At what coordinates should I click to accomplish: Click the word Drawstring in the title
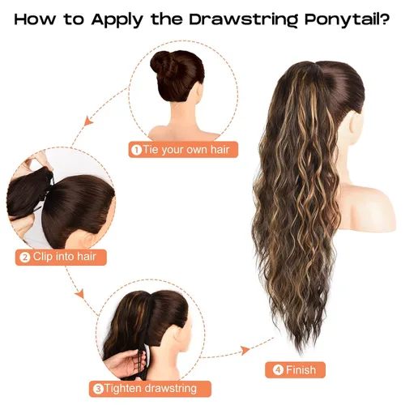click(243, 19)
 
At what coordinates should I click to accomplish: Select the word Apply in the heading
click(117, 20)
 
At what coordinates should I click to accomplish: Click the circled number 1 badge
click(136, 150)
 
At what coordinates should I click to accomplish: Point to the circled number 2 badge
click(25, 258)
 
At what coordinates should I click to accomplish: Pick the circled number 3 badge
click(98, 389)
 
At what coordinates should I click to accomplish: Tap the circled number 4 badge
click(278, 370)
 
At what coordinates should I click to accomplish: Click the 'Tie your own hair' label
click(186, 149)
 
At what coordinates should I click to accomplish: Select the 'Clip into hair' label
click(65, 257)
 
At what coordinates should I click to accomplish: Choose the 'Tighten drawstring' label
click(151, 389)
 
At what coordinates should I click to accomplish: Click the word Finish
click(301, 370)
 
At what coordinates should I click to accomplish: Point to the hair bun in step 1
click(163, 63)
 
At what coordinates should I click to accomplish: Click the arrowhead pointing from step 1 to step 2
click(88, 122)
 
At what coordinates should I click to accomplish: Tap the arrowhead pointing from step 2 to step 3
click(79, 293)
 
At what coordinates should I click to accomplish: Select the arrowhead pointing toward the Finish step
click(245, 351)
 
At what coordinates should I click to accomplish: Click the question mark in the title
click(386, 19)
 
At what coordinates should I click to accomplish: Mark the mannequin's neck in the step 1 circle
click(183, 113)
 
